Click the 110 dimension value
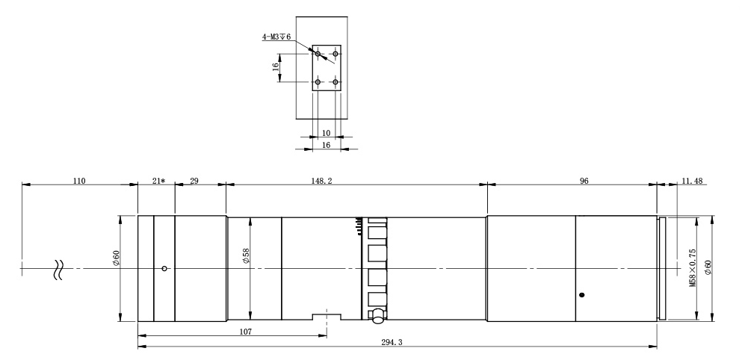(79, 181)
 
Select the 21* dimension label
(158, 181)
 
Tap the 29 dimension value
(194, 181)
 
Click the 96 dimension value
(584, 181)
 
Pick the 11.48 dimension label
(692, 181)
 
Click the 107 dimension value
(245, 332)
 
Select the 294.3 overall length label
(392, 343)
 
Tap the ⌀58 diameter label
(246, 256)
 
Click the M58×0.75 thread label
(693, 268)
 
